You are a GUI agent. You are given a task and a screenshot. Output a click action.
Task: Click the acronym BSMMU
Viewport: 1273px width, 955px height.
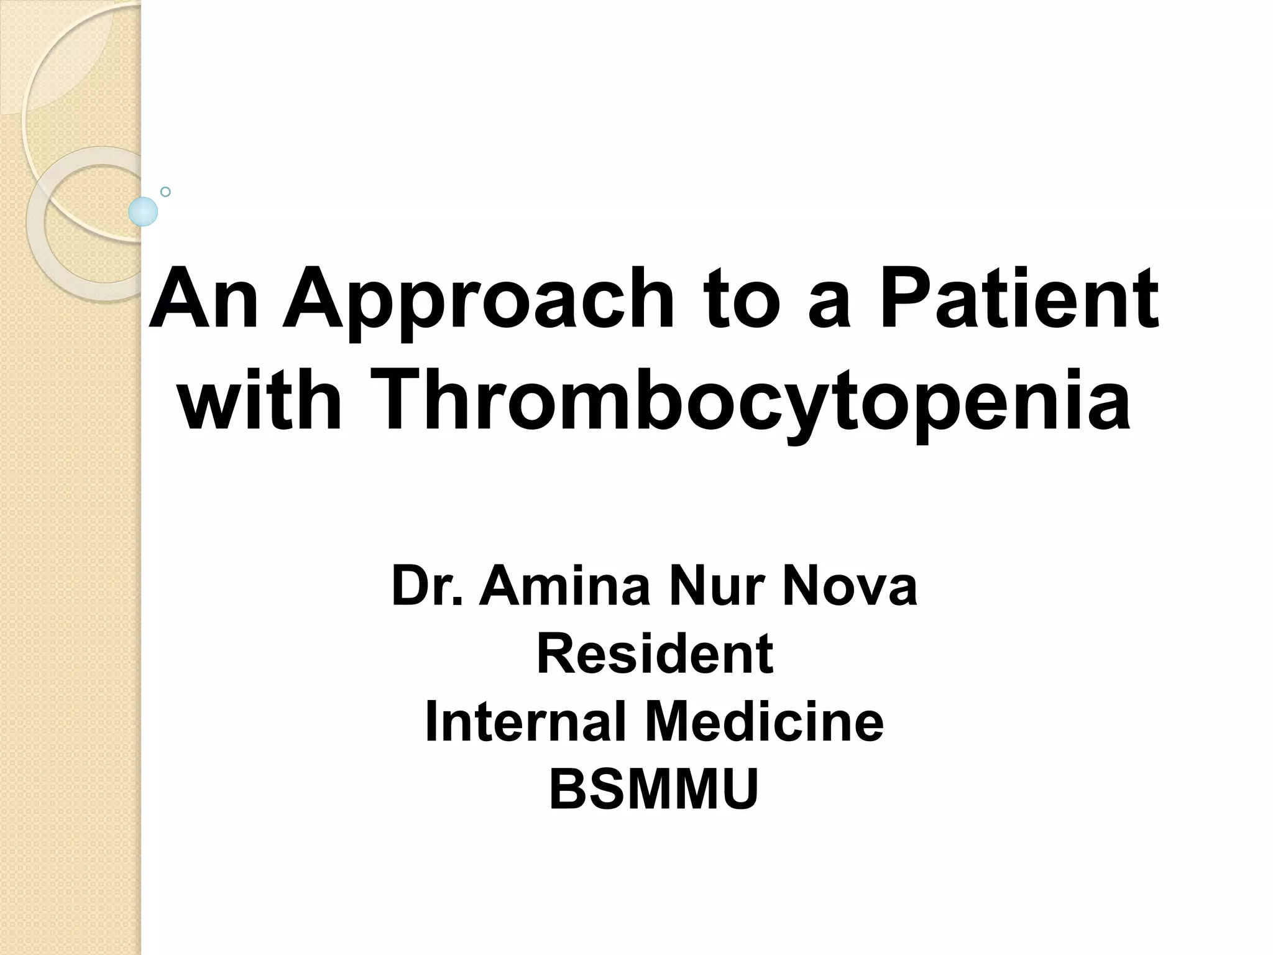pos(654,790)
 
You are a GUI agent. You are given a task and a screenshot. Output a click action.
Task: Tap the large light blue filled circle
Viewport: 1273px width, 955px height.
pos(143,211)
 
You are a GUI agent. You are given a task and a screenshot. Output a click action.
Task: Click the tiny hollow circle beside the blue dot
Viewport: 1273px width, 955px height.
pos(165,192)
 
